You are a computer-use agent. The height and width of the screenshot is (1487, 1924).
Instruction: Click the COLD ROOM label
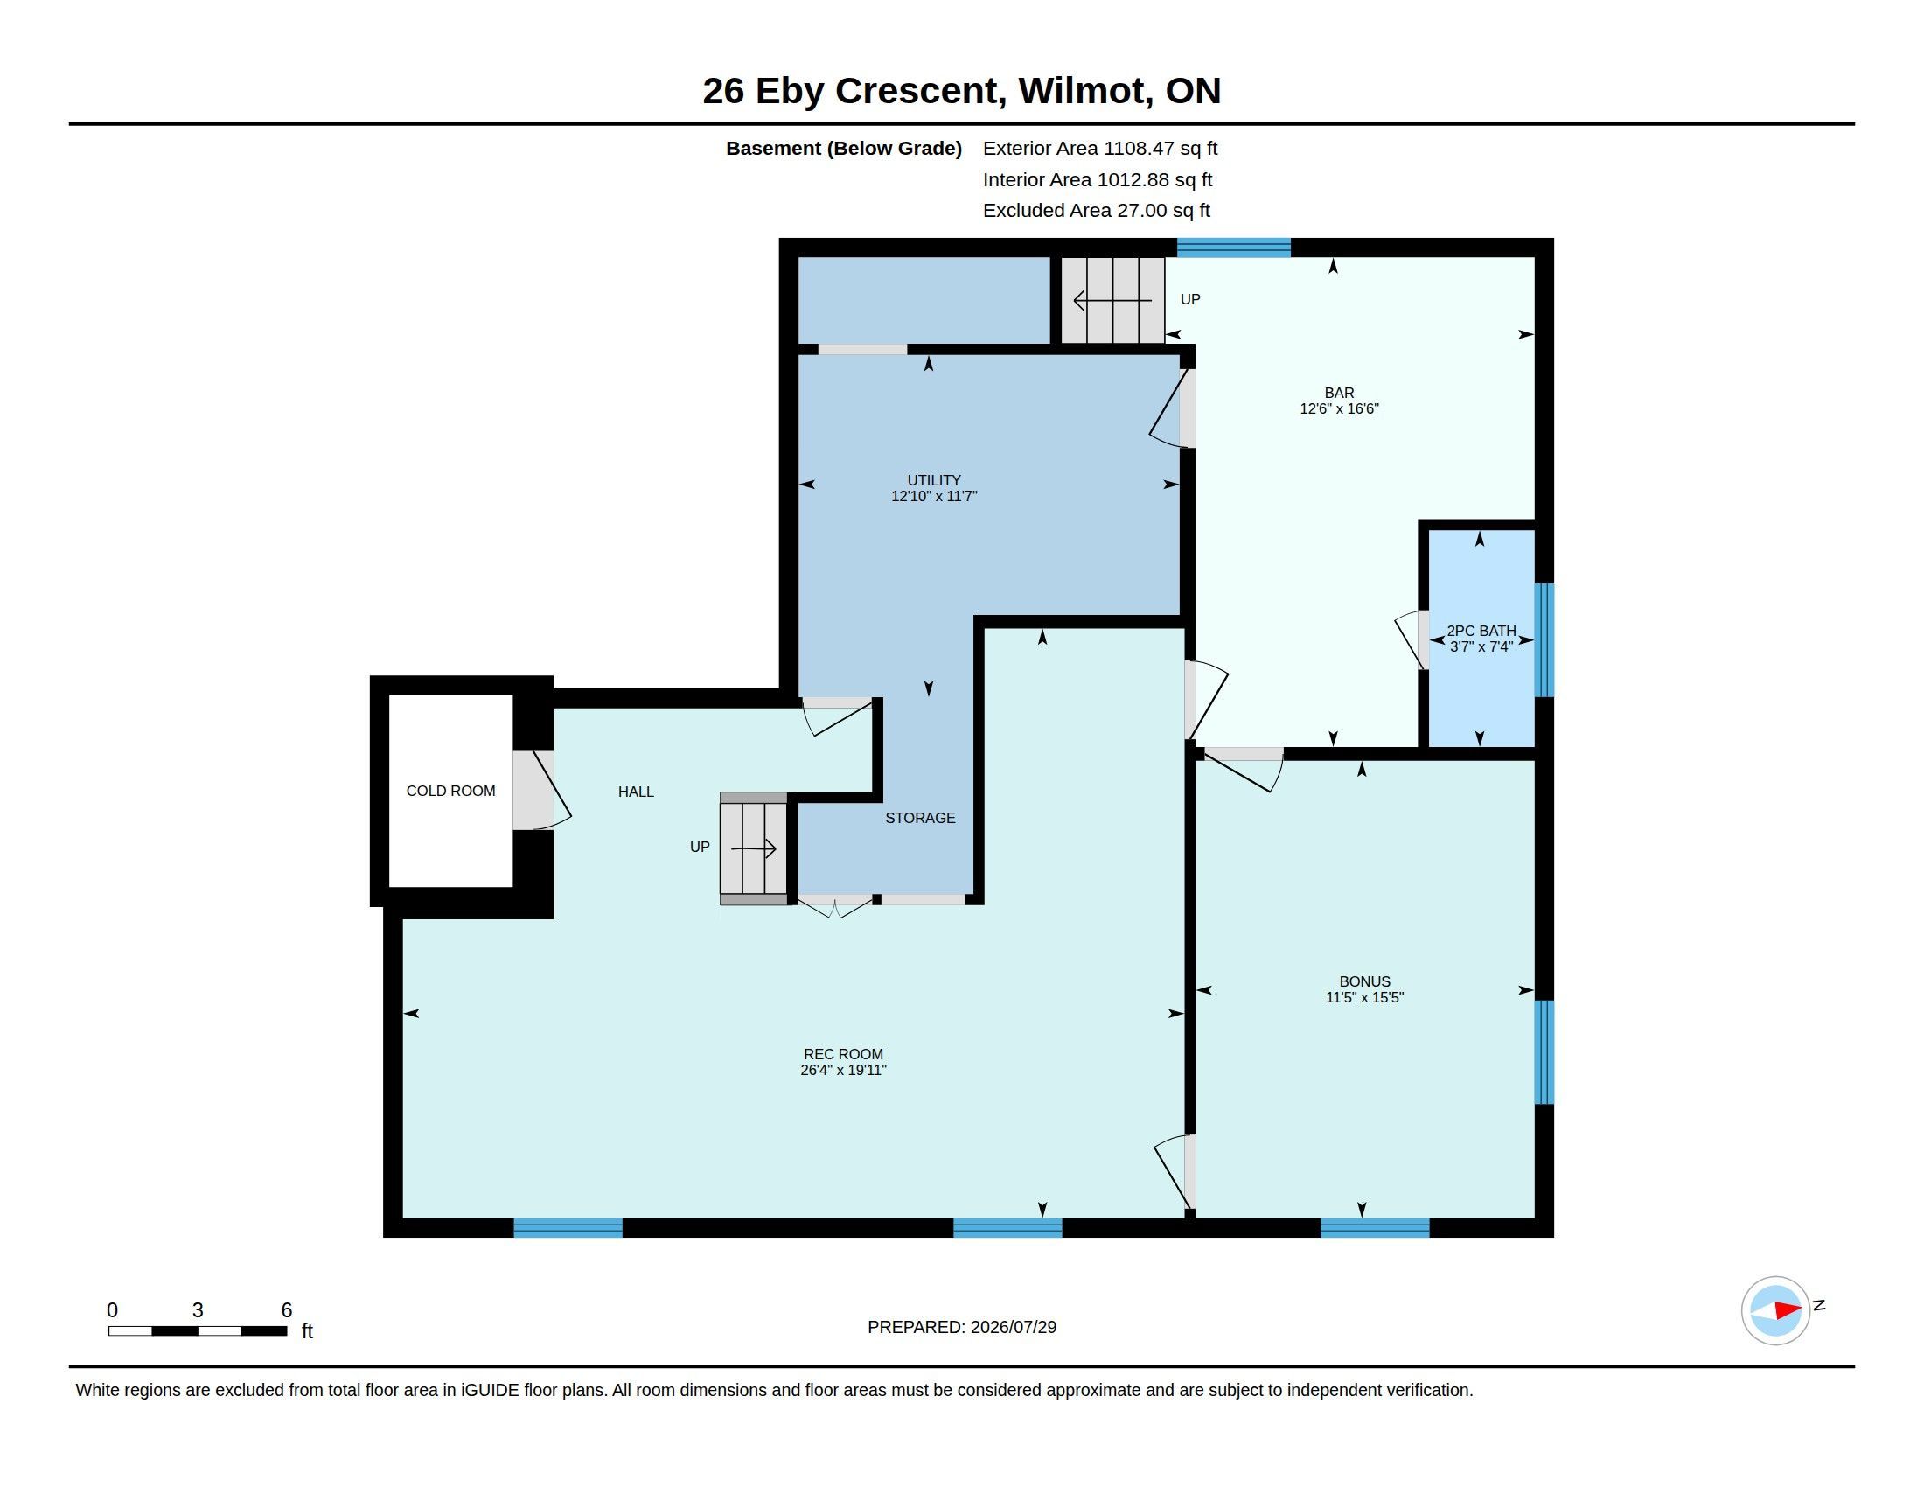(450, 791)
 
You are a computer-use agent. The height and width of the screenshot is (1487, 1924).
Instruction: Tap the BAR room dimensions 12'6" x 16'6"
(1339, 408)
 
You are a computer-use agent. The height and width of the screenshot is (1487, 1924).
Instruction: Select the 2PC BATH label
(1481, 631)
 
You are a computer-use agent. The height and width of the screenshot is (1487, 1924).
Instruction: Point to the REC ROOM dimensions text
(843, 1071)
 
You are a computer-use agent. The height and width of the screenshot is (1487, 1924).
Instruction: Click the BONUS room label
(1364, 981)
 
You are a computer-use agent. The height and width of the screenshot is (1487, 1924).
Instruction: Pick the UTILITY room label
(934, 480)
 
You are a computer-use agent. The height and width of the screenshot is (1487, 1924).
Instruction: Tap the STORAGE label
(920, 819)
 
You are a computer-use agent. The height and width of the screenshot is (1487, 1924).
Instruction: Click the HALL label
(636, 792)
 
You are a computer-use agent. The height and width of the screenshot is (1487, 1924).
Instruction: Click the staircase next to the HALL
(754, 848)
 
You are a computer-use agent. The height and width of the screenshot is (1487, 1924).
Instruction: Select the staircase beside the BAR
(1112, 300)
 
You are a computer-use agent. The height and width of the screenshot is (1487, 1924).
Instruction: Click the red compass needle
(1788, 1310)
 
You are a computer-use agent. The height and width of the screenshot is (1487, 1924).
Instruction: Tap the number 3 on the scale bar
(198, 1310)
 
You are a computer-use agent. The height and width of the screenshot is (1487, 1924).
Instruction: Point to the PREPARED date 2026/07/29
(1013, 1327)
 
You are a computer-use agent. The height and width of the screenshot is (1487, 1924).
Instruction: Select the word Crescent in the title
(917, 91)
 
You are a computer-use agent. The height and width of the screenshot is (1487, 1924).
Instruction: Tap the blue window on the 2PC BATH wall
(1544, 639)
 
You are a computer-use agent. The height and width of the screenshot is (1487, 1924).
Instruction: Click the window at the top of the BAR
(1234, 248)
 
